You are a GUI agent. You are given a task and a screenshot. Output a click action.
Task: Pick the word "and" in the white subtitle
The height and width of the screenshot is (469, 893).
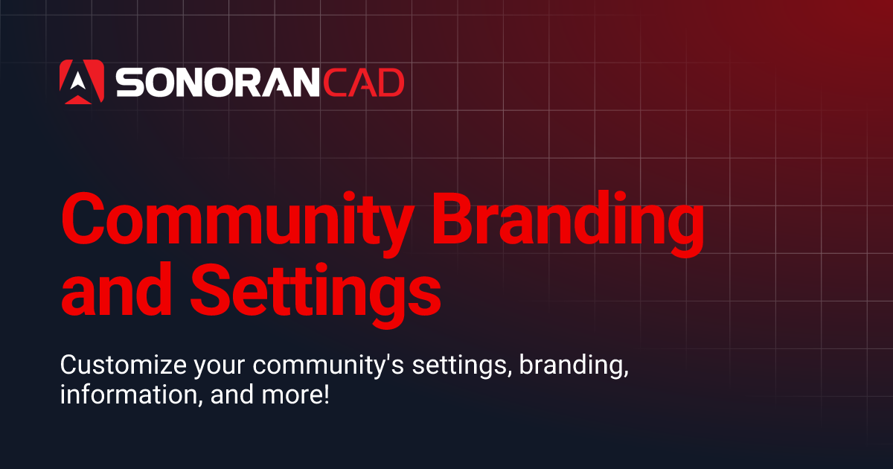pyautogui.click(x=231, y=395)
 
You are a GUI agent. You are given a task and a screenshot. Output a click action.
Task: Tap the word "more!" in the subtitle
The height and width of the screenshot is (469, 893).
pyautogui.click(x=294, y=395)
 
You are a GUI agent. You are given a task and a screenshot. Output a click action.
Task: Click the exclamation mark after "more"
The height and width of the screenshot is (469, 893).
pyautogui.click(x=325, y=394)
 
